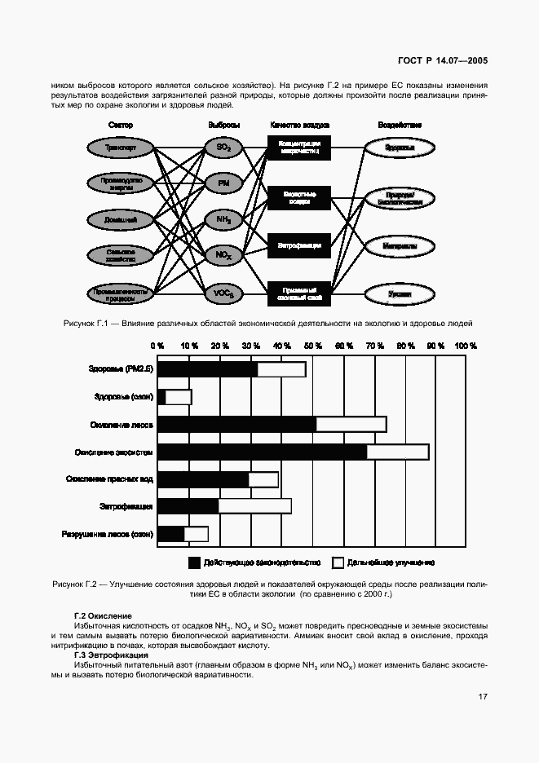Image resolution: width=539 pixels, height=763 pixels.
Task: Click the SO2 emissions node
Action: pyautogui.click(x=223, y=148)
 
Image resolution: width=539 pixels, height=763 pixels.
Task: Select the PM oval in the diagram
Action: pyautogui.click(x=223, y=184)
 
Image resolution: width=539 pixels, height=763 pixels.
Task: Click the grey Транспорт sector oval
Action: pyautogui.click(x=120, y=148)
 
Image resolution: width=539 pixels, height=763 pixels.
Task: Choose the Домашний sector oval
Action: pyautogui.click(x=120, y=219)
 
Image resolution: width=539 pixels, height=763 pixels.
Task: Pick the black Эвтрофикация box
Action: pyautogui.click(x=299, y=245)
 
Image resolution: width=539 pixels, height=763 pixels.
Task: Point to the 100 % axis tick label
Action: pyautogui.click(x=466, y=346)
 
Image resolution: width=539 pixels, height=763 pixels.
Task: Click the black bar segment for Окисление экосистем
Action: pyautogui.click(x=262, y=452)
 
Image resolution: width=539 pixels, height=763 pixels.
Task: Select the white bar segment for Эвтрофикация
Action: pyautogui.click(x=254, y=506)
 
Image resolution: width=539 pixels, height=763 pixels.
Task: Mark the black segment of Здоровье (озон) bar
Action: pyautogui.click(x=161, y=397)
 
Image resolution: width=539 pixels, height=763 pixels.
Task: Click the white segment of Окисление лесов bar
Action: pyautogui.click(x=351, y=424)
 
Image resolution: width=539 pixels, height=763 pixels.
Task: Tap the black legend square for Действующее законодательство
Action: pyautogui.click(x=194, y=562)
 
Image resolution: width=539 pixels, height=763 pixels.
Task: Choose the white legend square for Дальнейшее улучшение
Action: pyautogui.click(x=338, y=562)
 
